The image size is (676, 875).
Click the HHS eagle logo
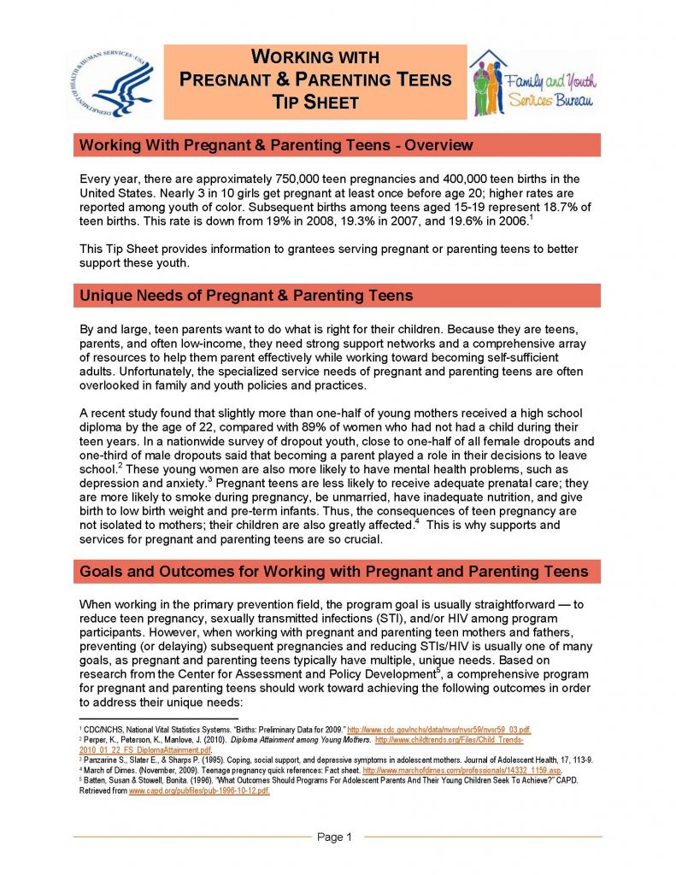[x=109, y=82]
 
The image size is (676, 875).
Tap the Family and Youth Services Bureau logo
[x=532, y=83]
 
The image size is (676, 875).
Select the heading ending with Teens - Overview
[x=275, y=144]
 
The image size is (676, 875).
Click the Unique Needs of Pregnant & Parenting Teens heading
[x=246, y=296]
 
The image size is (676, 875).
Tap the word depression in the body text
[x=106, y=483]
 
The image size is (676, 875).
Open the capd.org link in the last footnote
[x=199, y=791]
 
